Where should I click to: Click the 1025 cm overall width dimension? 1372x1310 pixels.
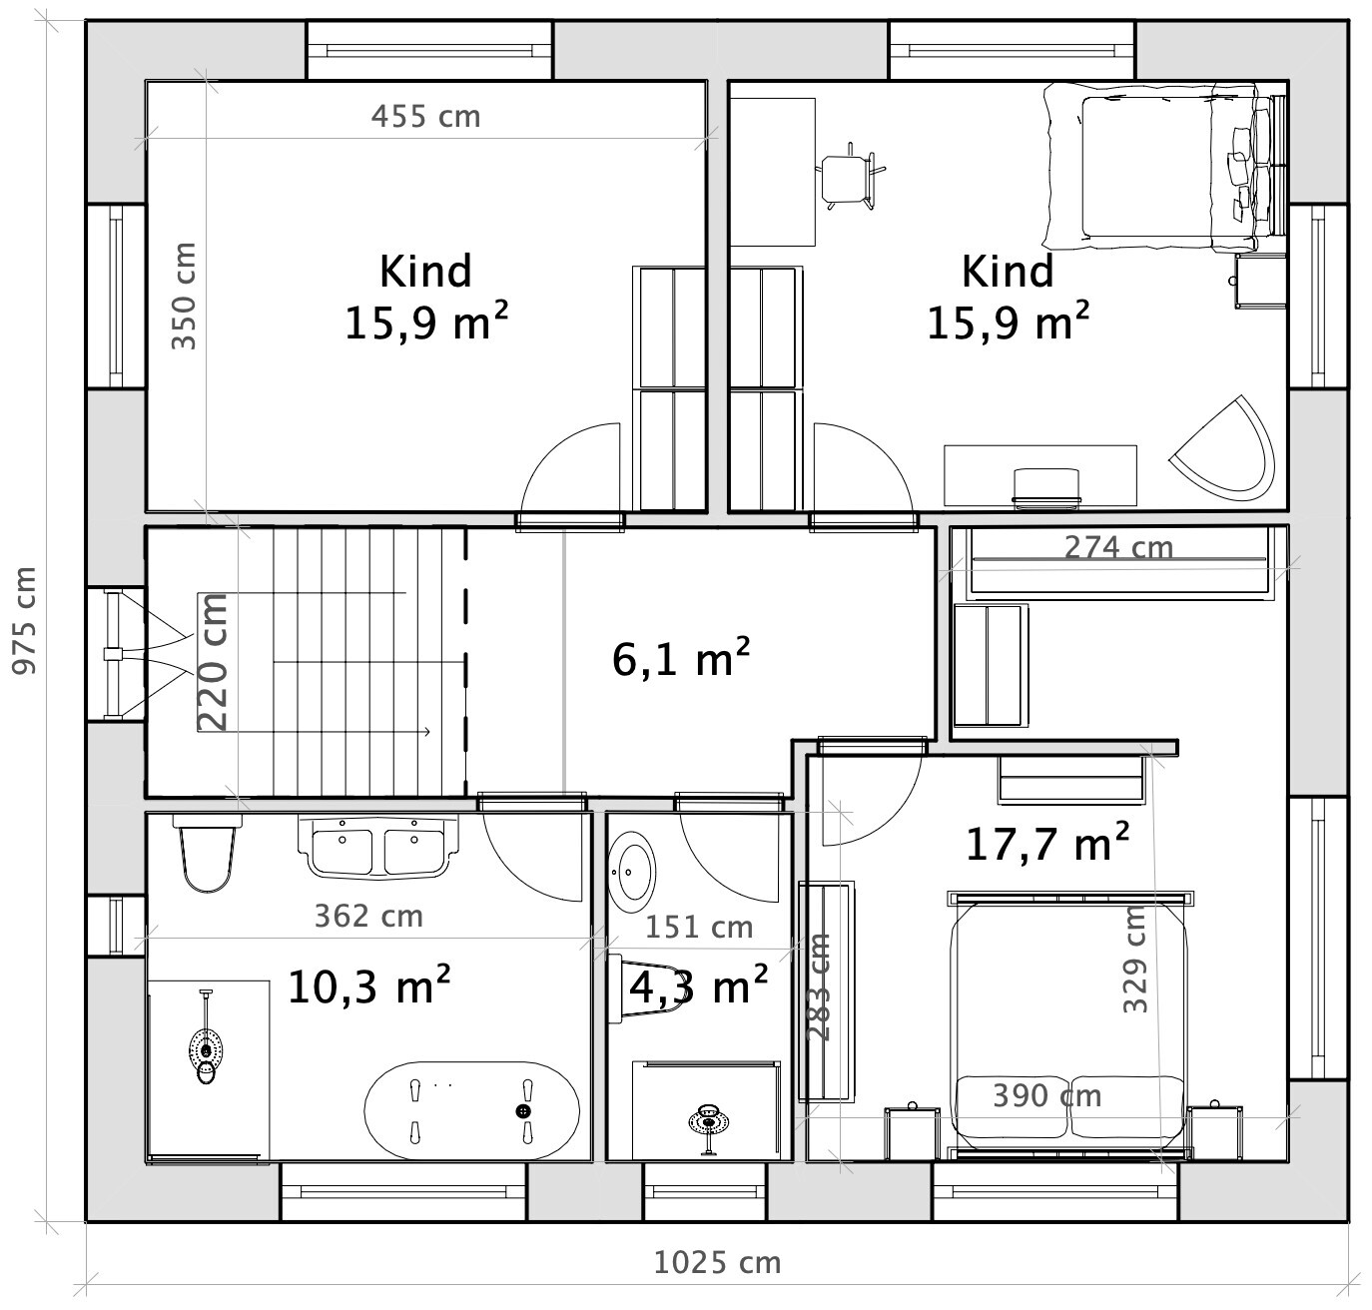(x=717, y=1263)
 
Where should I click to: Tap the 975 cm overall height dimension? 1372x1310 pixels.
(x=25, y=620)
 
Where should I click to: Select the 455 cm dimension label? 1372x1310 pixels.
(x=425, y=117)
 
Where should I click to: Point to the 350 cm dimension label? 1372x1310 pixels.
(x=184, y=297)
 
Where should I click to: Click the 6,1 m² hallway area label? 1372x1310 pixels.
(x=680, y=659)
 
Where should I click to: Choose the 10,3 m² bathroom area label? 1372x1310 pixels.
(x=368, y=984)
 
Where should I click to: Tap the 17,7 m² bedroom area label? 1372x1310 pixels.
(x=1047, y=843)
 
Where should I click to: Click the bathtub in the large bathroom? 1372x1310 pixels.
(x=471, y=1110)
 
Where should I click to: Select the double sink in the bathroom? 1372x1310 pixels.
(x=378, y=846)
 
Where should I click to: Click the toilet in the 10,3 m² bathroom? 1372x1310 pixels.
(x=208, y=853)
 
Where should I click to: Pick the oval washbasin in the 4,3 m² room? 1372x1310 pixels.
(x=632, y=872)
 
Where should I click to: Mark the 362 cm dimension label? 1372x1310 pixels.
(x=368, y=917)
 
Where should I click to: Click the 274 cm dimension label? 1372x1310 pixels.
(x=1118, y=548)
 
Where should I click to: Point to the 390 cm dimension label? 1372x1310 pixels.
(x=1047, y=1096)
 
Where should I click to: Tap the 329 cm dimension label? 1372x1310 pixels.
(x=1135, y=960)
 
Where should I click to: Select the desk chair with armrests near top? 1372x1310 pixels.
(x=851, y=177)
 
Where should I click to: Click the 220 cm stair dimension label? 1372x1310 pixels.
(x=213, y=663)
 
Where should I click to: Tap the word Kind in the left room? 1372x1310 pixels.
(x=425, y=272)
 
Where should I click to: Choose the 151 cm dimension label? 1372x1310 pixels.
(x=699, y=928)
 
